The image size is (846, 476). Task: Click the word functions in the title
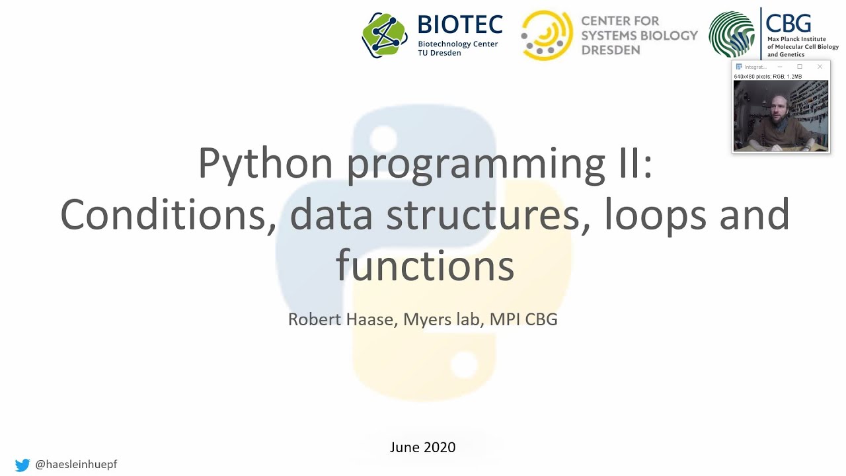424,265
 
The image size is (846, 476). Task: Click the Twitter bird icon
22,465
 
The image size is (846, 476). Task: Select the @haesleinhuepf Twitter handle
76,465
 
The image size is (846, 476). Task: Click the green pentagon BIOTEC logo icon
385,35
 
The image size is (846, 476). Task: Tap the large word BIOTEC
460,25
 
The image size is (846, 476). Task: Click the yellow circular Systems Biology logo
547,35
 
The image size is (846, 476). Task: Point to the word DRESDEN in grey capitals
611,50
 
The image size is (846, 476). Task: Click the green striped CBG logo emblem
732,34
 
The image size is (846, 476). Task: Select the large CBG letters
788,22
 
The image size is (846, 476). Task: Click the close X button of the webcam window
820,67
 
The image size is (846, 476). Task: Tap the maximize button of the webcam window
800,67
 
